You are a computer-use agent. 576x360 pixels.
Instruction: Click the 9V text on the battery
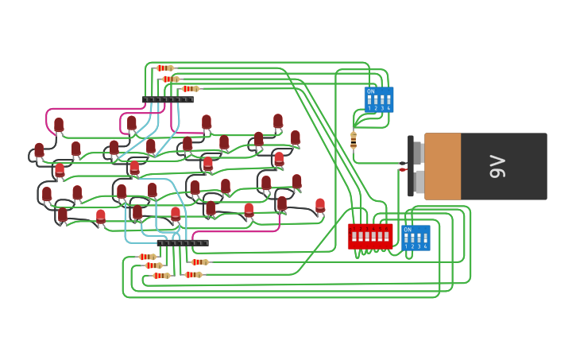pos(498,166)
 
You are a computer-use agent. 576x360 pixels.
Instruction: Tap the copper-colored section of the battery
pos(443,166)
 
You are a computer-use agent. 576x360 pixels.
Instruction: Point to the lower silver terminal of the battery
pos(418,181)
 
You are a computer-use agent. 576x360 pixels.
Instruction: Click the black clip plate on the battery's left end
pos(411,166)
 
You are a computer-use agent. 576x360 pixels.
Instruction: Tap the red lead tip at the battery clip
pos(404,169)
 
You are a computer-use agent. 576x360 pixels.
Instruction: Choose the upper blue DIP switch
pos(378,99)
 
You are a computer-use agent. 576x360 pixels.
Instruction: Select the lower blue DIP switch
pos(416,238)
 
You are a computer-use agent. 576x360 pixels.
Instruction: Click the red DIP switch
pos(370,236)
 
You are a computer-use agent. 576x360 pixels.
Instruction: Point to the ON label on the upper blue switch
pos(370,91)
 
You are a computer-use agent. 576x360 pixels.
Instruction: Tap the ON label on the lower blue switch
pos(408,230)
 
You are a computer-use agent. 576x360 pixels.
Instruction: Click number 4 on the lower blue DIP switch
pos(426,246)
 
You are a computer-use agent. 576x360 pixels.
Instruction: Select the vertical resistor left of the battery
pos(354,140)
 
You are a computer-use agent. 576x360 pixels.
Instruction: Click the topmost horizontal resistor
pos(164,68)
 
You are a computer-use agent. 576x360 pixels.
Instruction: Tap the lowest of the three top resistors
pos(190,89)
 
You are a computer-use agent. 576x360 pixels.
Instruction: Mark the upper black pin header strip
pos(168,100)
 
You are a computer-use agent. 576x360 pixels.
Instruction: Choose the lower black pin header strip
pos(183,243)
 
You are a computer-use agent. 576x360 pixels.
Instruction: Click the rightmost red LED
pos(320,206)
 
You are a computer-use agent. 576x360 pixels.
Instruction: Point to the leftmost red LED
pos(39,149)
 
